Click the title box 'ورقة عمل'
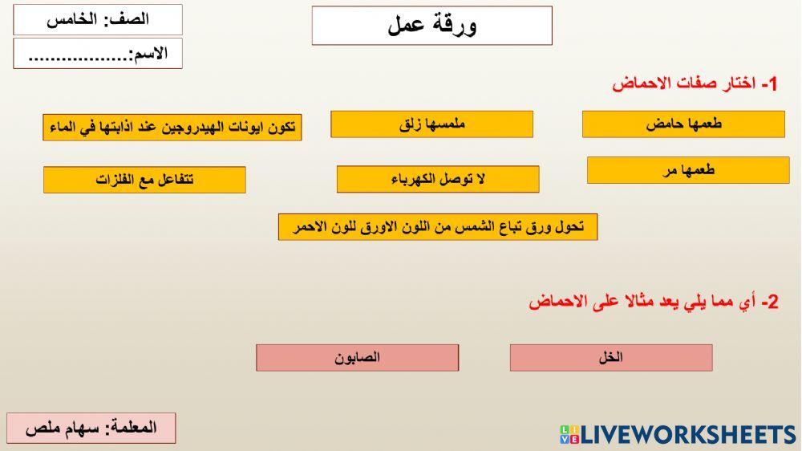[x=432, y=26]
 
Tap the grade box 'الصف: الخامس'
[x=98, y=20]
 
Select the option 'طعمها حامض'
[x=683, y=124]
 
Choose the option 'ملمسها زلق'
[x=431, y=124]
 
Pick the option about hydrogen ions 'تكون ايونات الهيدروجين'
[x=172, y=128]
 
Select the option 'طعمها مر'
[x=688, y=170]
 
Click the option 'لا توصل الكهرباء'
[x=438, y=180]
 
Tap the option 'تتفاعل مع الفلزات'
[x=144, y=180]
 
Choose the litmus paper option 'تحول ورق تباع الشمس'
[x=438, y=227]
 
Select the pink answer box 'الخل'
[x=611, y=358]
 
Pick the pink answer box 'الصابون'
[x=358, y=358]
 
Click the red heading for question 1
[x=695, y=83]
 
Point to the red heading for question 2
[x=654, y=302]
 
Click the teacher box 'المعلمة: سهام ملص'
[x=91, y=428]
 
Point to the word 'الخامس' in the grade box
[x=67, y=20]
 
